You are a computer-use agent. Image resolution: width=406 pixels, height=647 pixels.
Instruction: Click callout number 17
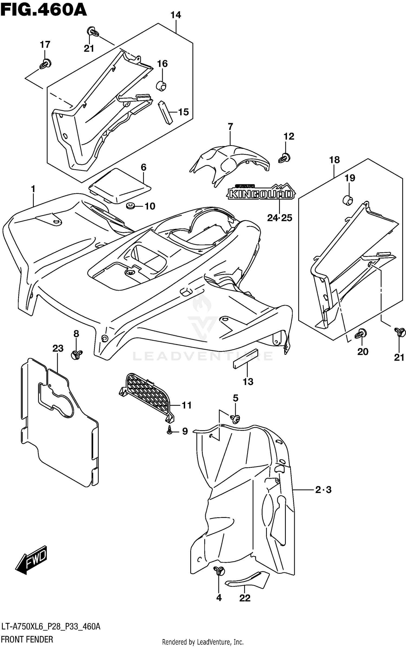click(45, 44)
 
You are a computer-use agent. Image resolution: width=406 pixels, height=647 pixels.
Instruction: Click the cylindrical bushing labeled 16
click(161, 86)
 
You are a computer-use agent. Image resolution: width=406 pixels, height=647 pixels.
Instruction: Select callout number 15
click(184, 112)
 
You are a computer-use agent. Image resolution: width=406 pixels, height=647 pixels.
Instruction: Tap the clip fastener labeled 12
click(284, 158)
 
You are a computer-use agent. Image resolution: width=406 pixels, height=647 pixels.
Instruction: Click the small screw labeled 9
click(169, 431)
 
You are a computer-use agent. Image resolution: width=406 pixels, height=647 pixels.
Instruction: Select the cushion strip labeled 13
click(245, 360)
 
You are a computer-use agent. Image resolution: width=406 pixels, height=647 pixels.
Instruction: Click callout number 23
click(58, 348)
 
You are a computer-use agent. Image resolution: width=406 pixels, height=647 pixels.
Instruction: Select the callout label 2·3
click(323, 490)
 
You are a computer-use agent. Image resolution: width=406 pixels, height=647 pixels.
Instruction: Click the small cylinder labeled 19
click(348, 200)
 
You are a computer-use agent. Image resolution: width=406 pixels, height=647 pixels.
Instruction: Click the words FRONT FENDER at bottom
click(27, 640)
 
